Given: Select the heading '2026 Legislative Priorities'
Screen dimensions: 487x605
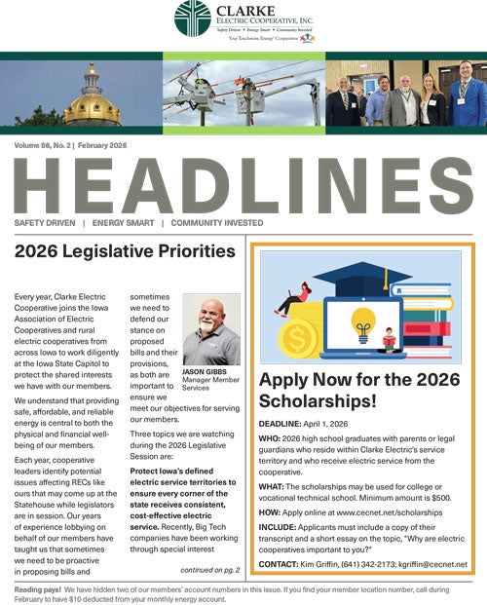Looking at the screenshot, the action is point(125,251).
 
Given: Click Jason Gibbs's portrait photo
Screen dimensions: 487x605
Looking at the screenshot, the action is point(210,331).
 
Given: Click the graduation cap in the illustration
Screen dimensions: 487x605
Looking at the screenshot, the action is point(356,277).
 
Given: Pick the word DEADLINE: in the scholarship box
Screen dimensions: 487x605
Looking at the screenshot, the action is point(286,425).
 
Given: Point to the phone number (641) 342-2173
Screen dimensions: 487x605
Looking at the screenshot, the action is point(365,564).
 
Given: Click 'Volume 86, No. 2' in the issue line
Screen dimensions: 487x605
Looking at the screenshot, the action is point(42,145).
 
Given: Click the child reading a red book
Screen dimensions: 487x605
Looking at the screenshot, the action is point(390,341).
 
